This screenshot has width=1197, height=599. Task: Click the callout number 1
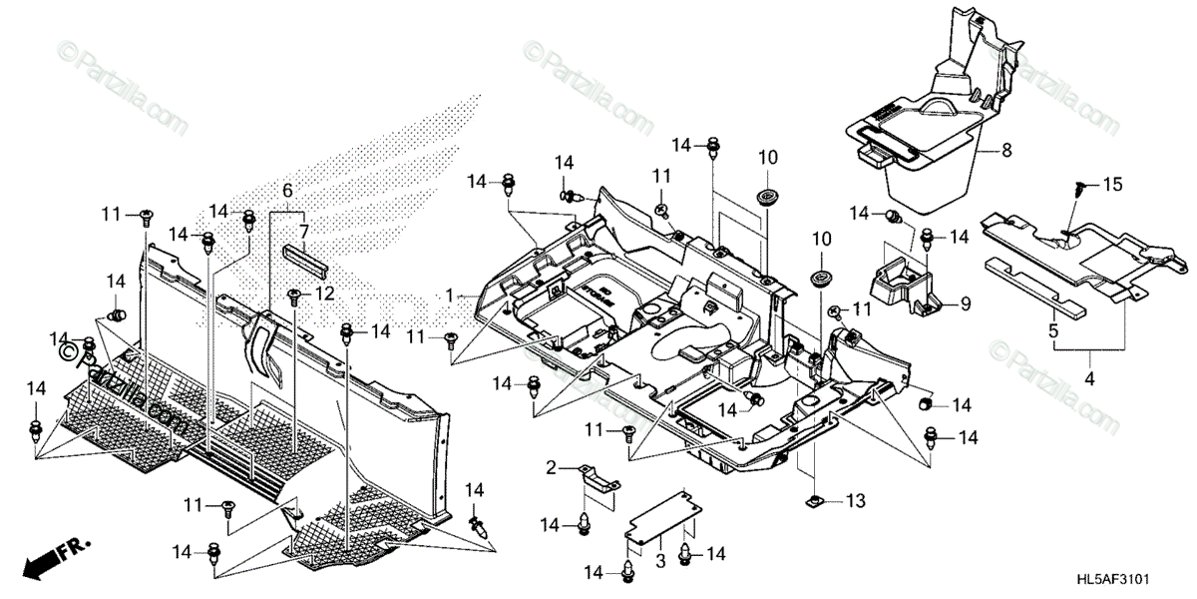(450, 296)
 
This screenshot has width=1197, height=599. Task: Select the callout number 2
(551, 467)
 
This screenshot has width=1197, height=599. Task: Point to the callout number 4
(1089, 378)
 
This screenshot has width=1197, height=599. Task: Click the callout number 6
(287, 190)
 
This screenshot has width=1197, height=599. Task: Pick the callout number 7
(304, 231)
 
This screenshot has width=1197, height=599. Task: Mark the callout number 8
(1006, 151)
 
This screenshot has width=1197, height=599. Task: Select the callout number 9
(966, 302)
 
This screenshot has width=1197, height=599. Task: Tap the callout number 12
(325, 295)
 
